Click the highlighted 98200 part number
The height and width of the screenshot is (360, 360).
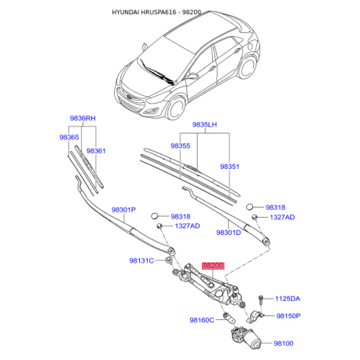coord(213,266)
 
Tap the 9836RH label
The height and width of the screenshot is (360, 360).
coord(83,118)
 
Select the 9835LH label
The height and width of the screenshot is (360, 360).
coord(204,124)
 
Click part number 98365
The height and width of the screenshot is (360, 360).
coord(69,137)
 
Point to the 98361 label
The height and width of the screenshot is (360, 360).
coord(96,151)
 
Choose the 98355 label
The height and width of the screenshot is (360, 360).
coord(180,145)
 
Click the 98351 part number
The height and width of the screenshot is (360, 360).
coord(230,167)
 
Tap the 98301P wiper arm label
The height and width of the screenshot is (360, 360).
coord(123,210)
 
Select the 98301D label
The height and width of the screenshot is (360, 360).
coord(229,233)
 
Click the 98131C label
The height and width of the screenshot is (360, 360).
coord(141,261)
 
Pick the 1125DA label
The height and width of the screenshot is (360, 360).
coord(288,299)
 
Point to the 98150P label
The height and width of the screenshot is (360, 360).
coord(288,316)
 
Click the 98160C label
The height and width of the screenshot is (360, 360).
coord(202,320)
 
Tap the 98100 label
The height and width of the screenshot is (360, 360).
coord(284,343)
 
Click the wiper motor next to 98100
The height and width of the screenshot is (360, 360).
coord(246,338)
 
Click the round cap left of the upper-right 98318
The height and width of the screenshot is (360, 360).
coord(249,207)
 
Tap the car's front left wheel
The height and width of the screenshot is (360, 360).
coord(176,108)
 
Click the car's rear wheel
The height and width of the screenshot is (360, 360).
coord(247,67)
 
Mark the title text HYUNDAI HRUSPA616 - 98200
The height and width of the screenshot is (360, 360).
coord(156,13)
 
